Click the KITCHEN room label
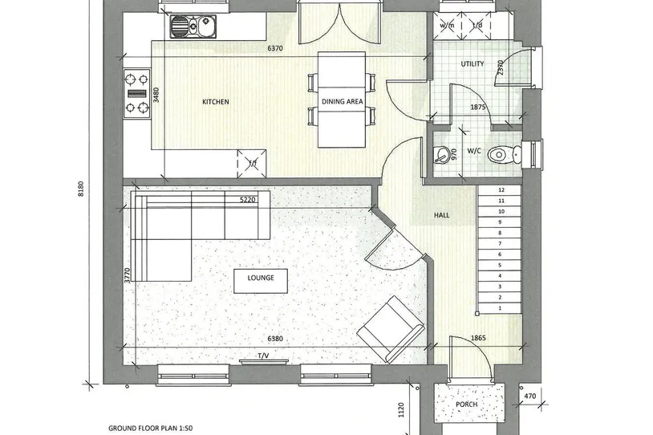click(215, 102)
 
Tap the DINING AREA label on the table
click(342, 101)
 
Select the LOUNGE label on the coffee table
click(261, 278)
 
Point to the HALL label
click(441, 215)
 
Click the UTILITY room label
click(473, 63)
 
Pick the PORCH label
click(466, 405)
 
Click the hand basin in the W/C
click(440, 155)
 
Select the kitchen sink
click(192, 26)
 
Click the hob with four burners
click(137, 94)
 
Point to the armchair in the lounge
click(391, 329)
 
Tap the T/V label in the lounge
click(263, 356)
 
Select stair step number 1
click(500, 308)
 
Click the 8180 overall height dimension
click(81, 189)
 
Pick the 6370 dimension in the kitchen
click(275, 48)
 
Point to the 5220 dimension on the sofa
click(247, 200)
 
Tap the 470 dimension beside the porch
click(529, 396)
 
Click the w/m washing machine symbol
click(448, 26)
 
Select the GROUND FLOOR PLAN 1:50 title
click(150, 428)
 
